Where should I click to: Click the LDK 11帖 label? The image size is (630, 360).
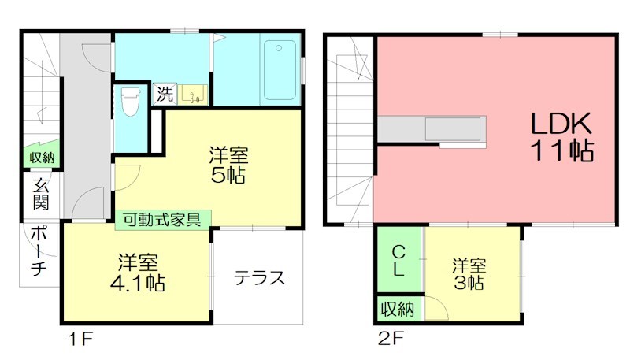point(560,135)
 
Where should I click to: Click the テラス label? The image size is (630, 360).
point(258,278)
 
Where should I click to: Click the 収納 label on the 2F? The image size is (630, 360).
point(398,309)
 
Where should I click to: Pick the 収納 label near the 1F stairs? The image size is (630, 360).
point(42,158)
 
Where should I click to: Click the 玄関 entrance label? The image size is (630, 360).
point(40,194)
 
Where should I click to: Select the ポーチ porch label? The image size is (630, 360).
point(39,253)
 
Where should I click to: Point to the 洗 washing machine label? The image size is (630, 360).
point(164,95)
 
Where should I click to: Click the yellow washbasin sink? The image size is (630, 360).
point(192,95)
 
